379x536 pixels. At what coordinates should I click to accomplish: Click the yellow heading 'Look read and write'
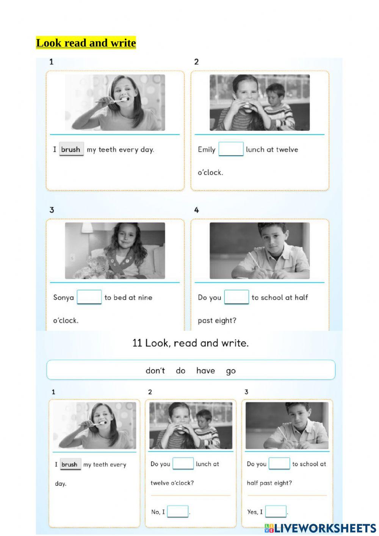86,43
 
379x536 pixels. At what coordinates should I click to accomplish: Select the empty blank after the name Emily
231,149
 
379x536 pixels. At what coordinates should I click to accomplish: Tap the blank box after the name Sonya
89,297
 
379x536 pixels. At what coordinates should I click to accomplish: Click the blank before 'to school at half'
236,297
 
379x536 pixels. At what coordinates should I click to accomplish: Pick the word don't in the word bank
155,371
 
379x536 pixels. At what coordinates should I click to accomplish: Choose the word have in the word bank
206,371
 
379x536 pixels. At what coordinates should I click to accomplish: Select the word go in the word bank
231,371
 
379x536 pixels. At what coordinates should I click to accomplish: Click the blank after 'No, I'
178,511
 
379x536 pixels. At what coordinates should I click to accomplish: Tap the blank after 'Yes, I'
276,511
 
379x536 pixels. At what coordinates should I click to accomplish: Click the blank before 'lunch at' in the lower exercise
183,464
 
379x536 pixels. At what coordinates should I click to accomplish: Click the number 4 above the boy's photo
197,210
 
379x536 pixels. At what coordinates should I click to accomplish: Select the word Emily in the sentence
207,149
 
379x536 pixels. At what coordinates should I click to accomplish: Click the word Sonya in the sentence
63,298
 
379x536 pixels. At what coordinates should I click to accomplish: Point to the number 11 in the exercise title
137,343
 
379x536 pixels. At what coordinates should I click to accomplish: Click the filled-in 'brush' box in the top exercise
72,149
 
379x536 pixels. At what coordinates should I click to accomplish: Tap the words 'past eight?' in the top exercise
217,321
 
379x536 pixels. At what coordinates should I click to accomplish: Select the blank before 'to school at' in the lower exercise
279,464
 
